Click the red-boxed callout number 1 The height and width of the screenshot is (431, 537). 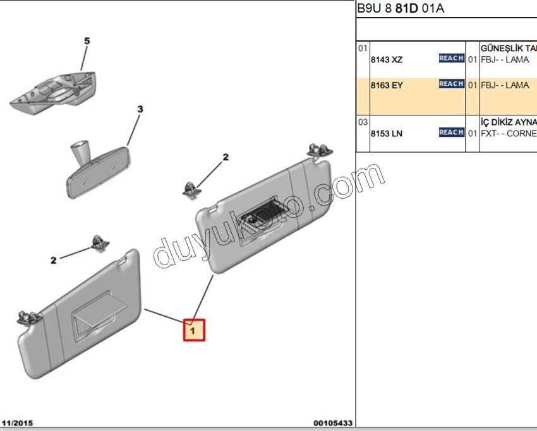tap(194, 329)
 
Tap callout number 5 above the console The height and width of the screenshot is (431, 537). tap(87, 41)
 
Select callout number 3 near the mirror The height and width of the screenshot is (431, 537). tap(140, 109)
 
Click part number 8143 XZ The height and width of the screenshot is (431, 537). tap(386, 60)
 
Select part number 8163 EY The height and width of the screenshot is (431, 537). tap(386, 86)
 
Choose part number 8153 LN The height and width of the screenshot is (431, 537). tap(386, 134)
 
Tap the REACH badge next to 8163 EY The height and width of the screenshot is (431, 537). tap(451, 84)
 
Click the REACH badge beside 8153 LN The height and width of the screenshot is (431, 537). tap(451, 132)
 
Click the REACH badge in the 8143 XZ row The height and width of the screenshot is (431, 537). tap(451, 58)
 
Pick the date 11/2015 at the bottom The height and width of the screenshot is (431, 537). tap(18, 423)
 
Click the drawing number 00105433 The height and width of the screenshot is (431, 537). tap(332, 423)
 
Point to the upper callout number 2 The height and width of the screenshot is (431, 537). tap(225, 157)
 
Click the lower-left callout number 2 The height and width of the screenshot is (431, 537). tap(54, 260)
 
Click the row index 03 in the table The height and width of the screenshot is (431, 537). tap(363, 122)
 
